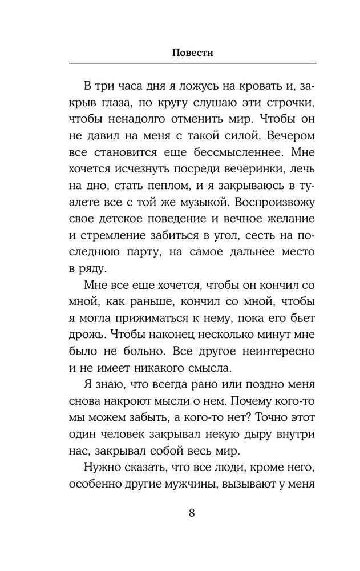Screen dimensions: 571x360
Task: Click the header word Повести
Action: pos(192,52)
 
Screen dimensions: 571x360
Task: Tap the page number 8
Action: pos(192,512)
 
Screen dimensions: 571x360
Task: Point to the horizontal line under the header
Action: pos(192,63)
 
